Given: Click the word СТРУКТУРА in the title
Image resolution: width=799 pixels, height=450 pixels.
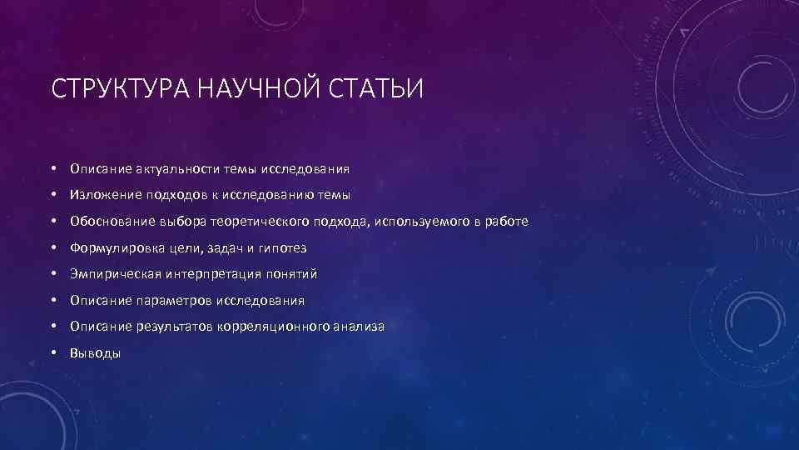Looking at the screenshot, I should click(122, 87).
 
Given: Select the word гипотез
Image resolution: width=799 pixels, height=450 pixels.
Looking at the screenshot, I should click(283, 248).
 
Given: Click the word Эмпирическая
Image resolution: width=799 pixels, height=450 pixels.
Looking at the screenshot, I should click(112, 274).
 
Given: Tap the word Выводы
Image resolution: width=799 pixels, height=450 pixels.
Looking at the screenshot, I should click(96, 353).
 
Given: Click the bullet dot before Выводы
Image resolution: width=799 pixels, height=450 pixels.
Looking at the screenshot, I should click(52, 353).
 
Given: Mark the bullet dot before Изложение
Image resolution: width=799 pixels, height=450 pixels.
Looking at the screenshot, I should click(52, 195).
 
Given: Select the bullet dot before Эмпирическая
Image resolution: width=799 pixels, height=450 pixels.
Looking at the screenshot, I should click(52, 274).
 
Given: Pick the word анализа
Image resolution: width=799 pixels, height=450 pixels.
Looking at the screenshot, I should click(360, 327).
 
